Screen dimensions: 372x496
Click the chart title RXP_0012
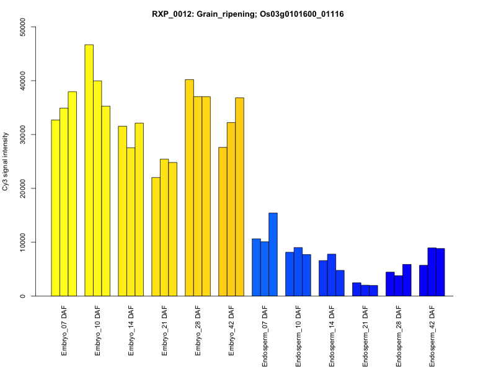248,14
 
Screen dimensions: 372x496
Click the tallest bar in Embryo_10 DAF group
89,170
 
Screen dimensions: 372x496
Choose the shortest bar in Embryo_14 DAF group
131,221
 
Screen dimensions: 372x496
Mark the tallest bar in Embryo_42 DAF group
239,197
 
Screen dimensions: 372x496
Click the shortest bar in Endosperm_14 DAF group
340,283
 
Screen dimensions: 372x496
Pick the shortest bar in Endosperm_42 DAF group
423,280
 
